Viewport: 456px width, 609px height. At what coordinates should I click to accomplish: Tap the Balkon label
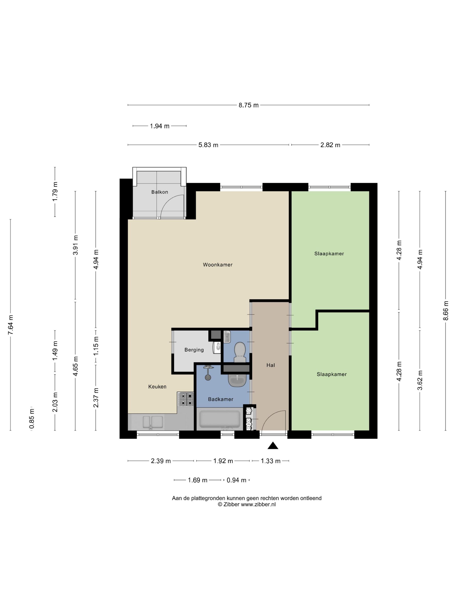click(x=159, y=192)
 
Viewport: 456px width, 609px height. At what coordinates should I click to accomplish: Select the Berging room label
click(x=194, y=350)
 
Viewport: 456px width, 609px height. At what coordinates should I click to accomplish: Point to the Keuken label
click(x=157, y=386)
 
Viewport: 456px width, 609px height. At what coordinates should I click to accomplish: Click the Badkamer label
click(x=220, y=399)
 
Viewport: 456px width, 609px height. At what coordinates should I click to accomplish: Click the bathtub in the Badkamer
click(x=220, y=419)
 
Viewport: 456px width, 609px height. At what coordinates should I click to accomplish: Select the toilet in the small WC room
click(x=240, y=352)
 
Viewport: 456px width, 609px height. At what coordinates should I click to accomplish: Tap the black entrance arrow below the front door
click(x=273, y=445)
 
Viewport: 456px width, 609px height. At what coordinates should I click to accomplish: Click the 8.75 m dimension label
click(x=248, y=105)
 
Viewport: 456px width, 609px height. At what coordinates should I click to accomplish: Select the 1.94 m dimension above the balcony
click(x=159, y=126)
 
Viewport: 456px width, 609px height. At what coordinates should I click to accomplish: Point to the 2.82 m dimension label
click(x=330, y=145)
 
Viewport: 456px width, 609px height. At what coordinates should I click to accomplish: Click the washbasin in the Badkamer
click(x=237, y=380)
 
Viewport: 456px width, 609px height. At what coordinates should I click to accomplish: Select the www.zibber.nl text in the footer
click(x=258, y=504)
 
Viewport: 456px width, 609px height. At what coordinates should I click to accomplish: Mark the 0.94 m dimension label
click(x=236, y=480)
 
